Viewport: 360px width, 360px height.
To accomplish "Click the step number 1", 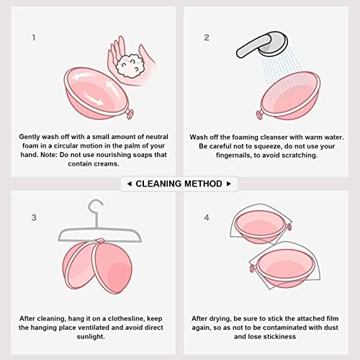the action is point(34,37).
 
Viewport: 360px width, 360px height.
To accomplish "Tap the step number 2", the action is point(207,37).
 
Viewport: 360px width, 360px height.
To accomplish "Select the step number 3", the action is point(34,217).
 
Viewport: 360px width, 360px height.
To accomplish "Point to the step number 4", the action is point(207,217).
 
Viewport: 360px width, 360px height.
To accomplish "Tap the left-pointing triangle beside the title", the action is point(130,184).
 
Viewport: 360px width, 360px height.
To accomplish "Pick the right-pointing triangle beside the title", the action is point(229,184).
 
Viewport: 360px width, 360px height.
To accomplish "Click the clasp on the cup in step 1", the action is point(130,114).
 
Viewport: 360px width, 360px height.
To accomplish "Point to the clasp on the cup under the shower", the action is point(259,114).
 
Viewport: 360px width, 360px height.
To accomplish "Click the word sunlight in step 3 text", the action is point(91,337).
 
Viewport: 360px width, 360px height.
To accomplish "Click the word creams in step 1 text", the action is point(107,164).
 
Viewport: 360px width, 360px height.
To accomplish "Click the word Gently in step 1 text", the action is point(30,137).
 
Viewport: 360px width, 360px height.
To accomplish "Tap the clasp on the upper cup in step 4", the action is point(289,226).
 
